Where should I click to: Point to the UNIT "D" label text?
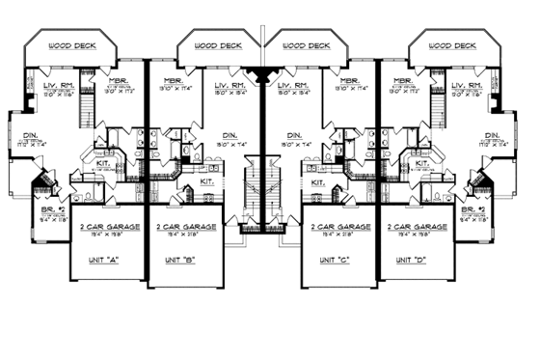click(416, 260)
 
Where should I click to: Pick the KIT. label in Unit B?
click(206, 180)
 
